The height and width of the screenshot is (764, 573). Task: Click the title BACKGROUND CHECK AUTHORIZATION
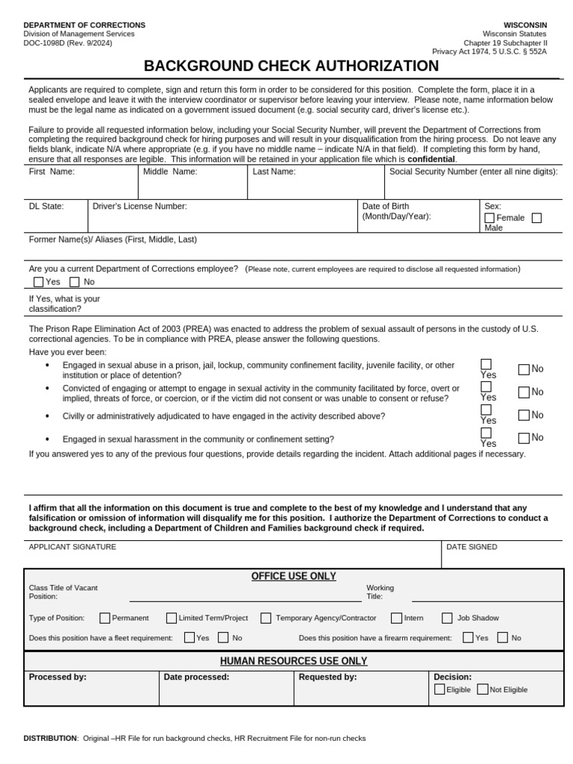tap(291, 66)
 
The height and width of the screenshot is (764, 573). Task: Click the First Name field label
tap(51, 172)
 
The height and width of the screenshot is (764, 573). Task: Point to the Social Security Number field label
tap(473, 172)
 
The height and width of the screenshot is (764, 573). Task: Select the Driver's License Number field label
tap(140, 206)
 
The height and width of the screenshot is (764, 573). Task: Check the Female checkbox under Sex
tap(489, 218)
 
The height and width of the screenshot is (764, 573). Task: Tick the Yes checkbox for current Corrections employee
tap(39, 282)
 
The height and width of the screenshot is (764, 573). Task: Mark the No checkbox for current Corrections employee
tap(75, 282)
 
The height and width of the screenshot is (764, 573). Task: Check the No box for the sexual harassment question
tap(524, 438)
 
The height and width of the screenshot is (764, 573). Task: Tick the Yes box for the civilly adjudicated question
tap(486, 410)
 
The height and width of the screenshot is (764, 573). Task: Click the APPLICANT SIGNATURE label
tap(72, 547)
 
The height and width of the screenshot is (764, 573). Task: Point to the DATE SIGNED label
tap(472, 547)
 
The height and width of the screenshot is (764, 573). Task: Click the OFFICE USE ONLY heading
tap(293, 576)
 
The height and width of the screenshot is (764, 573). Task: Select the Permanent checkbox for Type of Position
tap(105, 618)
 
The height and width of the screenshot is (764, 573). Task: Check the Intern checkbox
tap(397, 618)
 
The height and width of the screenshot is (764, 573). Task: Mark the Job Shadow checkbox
tap(447, 618)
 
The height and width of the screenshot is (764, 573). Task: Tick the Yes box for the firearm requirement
tap(468, 638)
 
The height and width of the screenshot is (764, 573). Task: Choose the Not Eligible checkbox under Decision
tap(483, 689)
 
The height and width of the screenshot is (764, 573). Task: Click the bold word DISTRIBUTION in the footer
tap(50, 739)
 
